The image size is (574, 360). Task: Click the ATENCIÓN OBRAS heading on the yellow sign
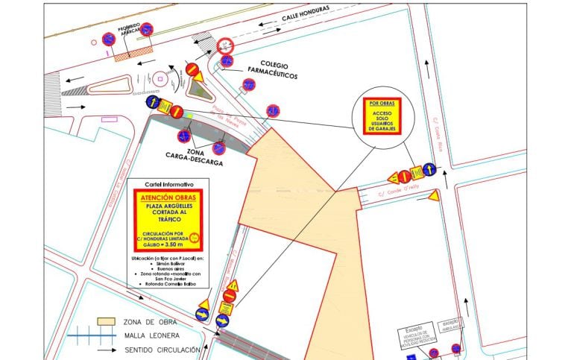point(168,198)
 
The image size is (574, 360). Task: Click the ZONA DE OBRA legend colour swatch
point(106,322)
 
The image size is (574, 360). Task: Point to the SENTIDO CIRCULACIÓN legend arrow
point(105,350)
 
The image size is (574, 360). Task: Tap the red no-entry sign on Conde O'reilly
point(404,176)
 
